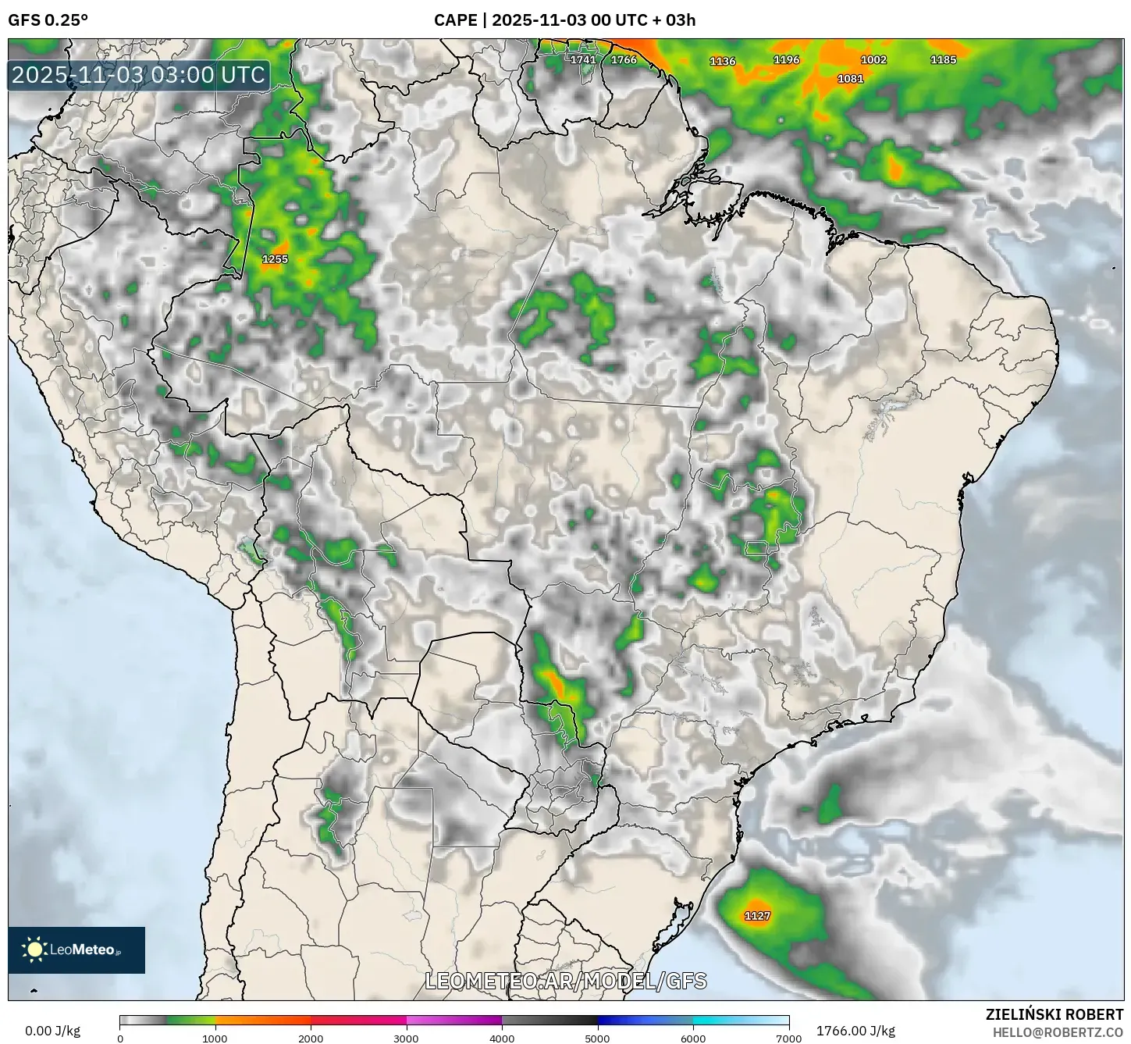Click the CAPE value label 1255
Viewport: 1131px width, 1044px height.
[275, 259]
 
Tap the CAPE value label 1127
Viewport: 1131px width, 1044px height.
[757, 916]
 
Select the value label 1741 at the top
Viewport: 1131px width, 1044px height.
[583, 59]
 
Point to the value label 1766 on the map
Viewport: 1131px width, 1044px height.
[624, 59]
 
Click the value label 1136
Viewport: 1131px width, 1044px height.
[722, 61]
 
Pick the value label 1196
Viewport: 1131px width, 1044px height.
[786, 59]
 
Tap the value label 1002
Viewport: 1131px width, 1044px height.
[873, 59]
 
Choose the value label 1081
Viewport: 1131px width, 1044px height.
[850, 79]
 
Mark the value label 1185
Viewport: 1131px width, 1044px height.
[943, 59]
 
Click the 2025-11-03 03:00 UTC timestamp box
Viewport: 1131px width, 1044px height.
[139, 76]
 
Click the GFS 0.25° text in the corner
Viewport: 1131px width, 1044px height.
[48, 20]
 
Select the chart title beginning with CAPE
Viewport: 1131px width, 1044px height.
[564, 20]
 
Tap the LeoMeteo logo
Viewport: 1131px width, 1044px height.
[76, 950]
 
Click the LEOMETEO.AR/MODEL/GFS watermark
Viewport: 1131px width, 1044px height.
[566, 981]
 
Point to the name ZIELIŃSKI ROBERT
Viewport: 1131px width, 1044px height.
[1055, 1014]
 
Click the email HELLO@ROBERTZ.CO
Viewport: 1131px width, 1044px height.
[1058, 1032]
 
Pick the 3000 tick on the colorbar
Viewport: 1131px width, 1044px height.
[407, 1039]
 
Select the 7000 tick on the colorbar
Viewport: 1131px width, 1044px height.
[788, 1039]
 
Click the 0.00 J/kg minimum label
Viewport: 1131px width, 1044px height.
[52, 1031]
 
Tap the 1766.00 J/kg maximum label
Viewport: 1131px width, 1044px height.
[855, 1031]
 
